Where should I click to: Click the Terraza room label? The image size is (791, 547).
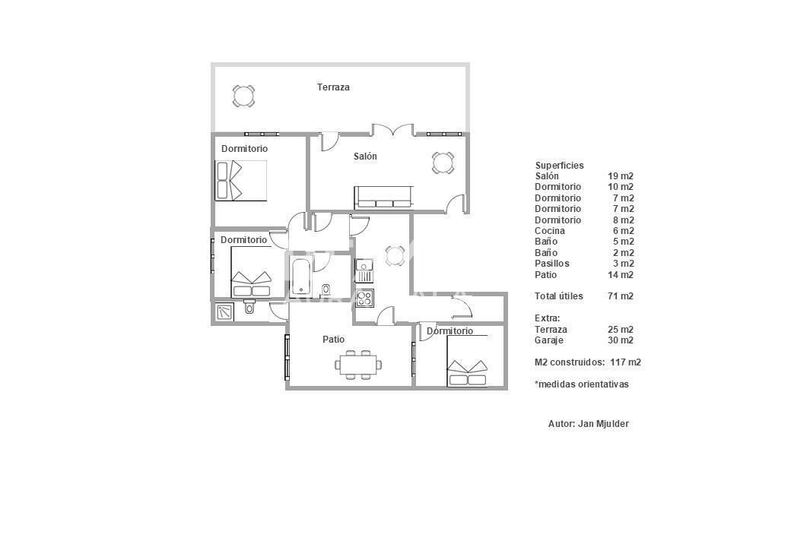pos(333,87)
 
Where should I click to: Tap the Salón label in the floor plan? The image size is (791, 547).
pos(365,157)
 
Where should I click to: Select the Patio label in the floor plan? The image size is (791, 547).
pos(333,340)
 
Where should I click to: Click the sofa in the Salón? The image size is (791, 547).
pos(384,198)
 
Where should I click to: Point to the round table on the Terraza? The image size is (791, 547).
pos(243,96)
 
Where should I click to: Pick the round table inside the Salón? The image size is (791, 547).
pos(443,163)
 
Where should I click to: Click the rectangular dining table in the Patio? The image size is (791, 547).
pos(358,365)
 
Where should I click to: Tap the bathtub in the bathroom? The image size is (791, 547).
pos(301,276)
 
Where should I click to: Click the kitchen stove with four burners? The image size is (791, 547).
pos(365,298)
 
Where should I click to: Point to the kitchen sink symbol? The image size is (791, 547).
pos(364,270)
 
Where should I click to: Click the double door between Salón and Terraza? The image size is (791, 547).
pos(393,130)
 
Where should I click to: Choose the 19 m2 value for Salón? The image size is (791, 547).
pos(621,176)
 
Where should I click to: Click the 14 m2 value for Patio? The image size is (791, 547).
pos(621,275)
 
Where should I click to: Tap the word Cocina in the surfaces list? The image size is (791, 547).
pos(549,231)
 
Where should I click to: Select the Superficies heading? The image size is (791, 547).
pos(560,165)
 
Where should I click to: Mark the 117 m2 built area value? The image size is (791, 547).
pos(625,362)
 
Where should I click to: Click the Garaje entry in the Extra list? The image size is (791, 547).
pos(549,340)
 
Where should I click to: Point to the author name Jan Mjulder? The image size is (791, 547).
pos(603,424)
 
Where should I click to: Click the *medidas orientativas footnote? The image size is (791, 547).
pos(582,384)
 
